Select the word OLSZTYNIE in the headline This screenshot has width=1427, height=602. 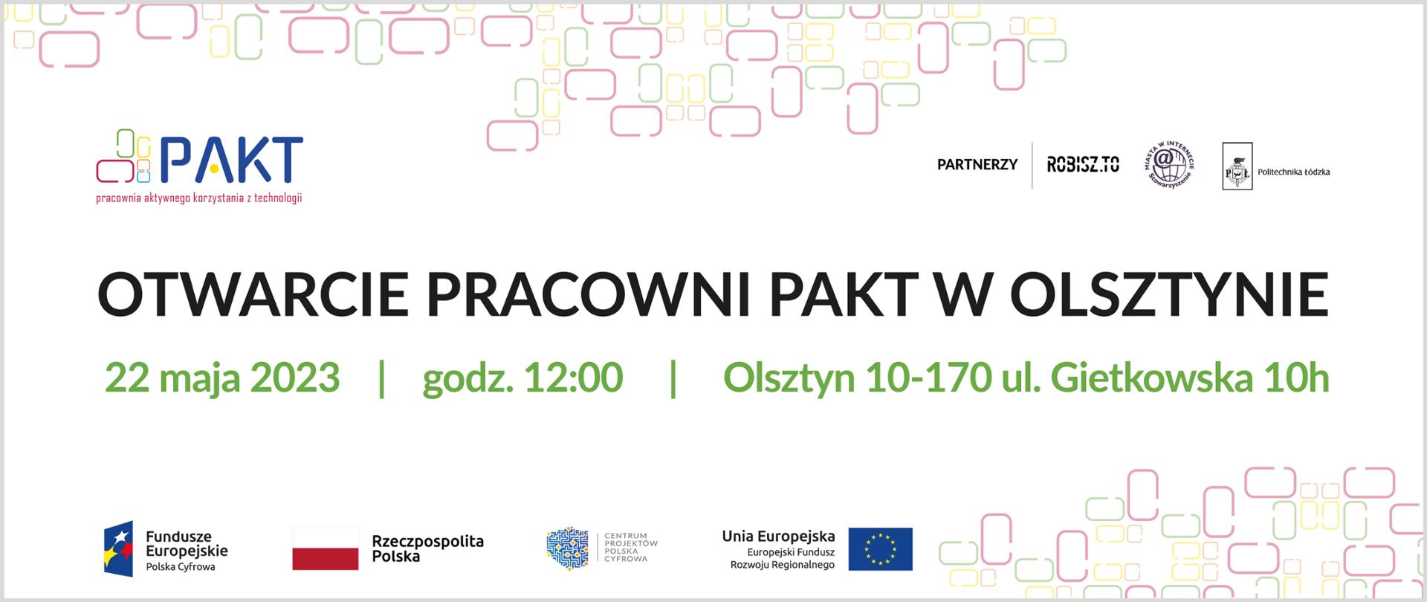(x=1168, y=294)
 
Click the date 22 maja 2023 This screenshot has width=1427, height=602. (x=221, y=378)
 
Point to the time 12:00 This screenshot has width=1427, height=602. (x=573, y=378)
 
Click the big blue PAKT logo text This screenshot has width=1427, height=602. (x=230, y=160)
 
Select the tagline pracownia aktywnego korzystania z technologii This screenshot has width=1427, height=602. (x=199, y=198)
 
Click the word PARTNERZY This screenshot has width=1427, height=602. (x=977, y=164)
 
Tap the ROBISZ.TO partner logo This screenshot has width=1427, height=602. (x=1082, y=164)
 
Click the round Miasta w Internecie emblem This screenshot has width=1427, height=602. (x=1168, y=165)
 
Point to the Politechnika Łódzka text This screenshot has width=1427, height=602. (x=1293, y=172)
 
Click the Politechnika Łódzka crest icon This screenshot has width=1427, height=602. (x=1237, y=166)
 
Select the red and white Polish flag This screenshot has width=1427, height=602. (x=325, y=548)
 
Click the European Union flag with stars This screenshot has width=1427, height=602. (x=880, y=548)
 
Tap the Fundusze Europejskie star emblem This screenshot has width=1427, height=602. (x=118, y=548)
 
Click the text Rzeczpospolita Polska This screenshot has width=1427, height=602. (x=427, y=548)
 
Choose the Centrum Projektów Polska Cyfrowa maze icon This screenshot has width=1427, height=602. (x=567, y=548)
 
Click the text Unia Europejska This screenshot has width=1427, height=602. (x=778, y=536)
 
